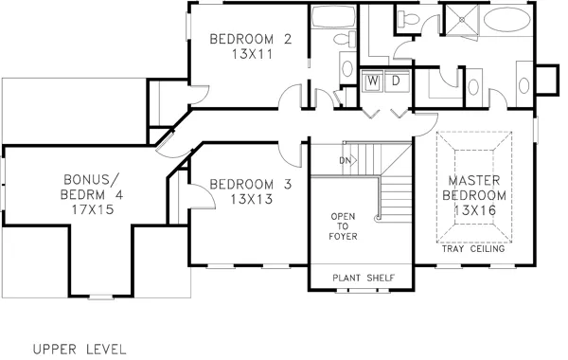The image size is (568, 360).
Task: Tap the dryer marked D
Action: tap(396, 81)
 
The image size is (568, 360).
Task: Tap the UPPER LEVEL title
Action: tap(79, 348)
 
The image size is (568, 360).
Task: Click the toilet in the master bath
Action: tap(409, 19)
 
